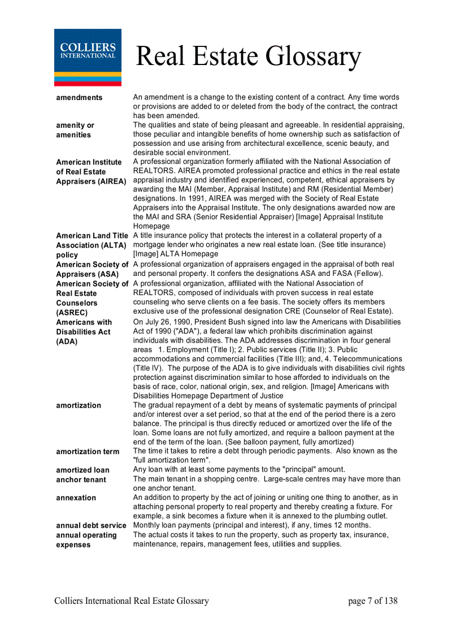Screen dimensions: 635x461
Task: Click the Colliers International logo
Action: [88, 57]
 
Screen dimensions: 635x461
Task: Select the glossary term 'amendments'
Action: [79, 98]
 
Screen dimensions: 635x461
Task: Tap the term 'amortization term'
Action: [88, 452]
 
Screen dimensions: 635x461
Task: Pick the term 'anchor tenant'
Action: [81, 480]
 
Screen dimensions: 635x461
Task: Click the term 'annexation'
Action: [76, 498]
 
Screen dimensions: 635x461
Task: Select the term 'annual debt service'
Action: [91, 526]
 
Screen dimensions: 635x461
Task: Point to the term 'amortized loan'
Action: [82, 470]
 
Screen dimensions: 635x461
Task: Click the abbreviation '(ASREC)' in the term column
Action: [72, 313]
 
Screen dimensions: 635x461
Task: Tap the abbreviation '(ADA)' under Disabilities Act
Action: [67, 342]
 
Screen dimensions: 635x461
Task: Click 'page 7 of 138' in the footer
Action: [373, 601]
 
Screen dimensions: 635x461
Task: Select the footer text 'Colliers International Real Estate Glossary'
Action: [132, 601]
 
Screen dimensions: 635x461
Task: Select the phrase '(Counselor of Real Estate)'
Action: [344, 312]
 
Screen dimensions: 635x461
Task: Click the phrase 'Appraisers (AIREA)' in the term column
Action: [91, 182]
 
